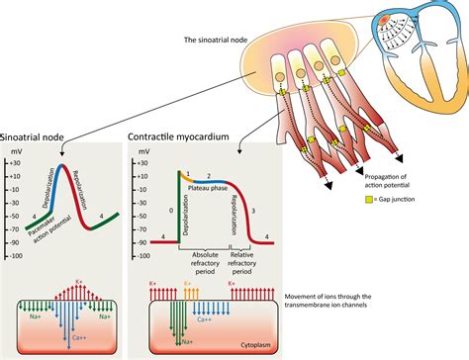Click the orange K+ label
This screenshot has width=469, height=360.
click(186, 282)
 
